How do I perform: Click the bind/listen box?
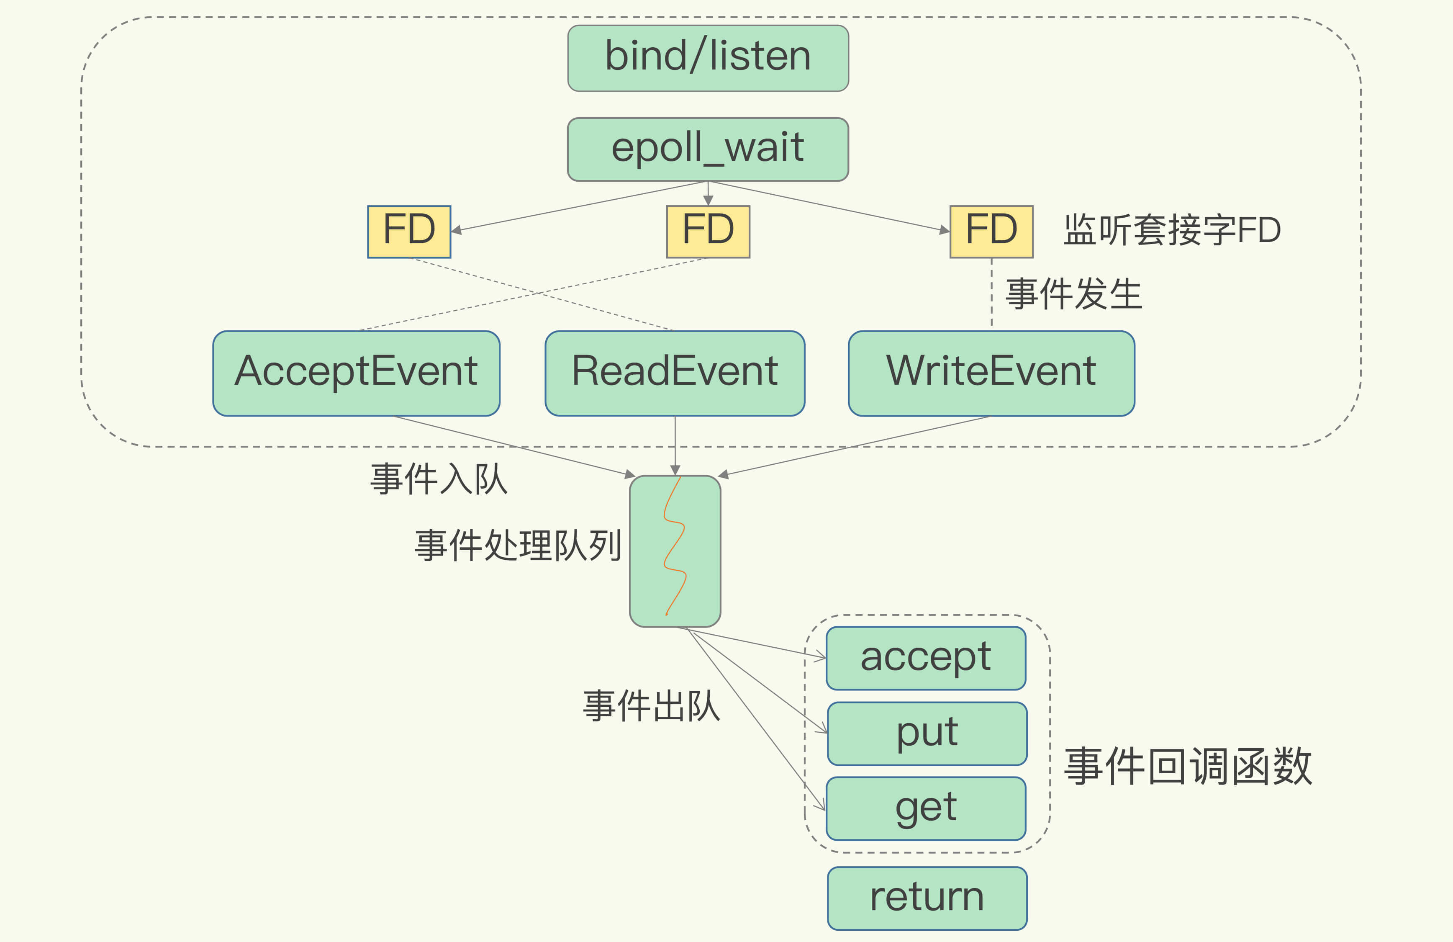click(708, 58)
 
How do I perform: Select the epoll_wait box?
click(708, 149)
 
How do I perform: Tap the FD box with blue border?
click(408, 232)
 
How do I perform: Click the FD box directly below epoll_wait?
click(708, 232)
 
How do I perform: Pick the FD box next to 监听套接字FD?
click(991, 232)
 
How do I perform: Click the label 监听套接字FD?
click(1171, 230)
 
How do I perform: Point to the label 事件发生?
click(1073, 294)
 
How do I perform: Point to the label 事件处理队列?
click(518, 545)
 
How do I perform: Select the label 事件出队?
click(651, 706)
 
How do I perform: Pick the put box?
click(927, 733)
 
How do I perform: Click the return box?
click(927, 898)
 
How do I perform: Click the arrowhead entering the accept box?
click(821, 657)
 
